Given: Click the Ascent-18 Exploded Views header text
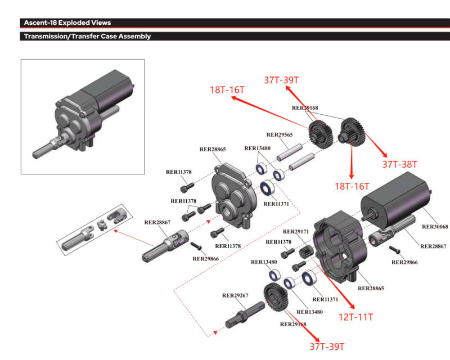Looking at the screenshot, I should (x=67, y=23).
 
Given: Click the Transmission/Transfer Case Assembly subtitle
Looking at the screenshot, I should (x=87, y=37).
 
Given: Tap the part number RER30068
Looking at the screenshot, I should (x=435, y=227).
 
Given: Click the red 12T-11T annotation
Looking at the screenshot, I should (x=355, y=317).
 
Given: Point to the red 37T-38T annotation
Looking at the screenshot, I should (x=400, y=164).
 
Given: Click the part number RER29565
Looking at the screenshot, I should (x=280, y=135).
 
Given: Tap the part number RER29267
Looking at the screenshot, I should (x=236, y=295).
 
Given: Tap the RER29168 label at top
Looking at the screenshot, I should (x=305, y=107).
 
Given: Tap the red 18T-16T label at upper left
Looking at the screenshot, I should (x=227, y=91).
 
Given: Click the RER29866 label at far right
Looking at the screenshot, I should (x=406, y=262).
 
